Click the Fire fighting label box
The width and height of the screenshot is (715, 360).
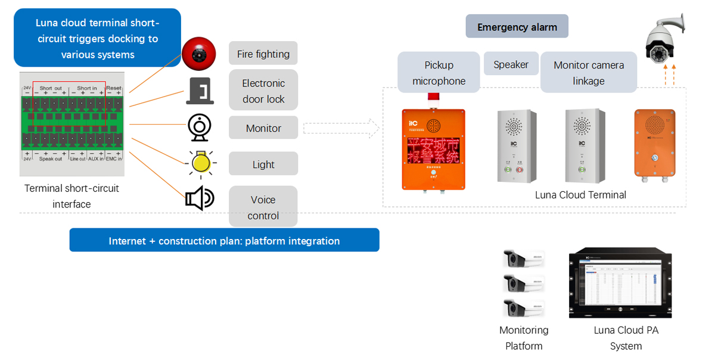coord(263,54)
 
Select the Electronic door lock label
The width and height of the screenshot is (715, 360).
coord(263,91)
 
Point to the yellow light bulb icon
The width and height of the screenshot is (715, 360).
coord(202,163)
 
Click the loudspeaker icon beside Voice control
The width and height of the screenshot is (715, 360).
coord(199,198)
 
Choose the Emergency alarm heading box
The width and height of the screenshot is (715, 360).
coord(517,27)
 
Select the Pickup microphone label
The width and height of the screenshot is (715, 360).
coord(439,73)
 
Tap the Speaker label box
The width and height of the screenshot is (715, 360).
coord(511,64)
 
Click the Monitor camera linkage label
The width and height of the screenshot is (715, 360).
coord(588,73)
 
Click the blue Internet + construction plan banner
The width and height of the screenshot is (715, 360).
coord(224,241)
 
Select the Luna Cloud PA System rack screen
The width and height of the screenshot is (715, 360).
coord(620,281)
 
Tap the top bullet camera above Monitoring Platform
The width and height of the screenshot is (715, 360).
coord(524,259)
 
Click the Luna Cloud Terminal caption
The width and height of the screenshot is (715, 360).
coord(580,195)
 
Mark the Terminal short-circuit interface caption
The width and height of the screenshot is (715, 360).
coord(71,196)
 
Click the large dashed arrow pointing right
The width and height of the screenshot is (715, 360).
coord(341,128)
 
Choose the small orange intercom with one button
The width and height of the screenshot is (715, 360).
coord(654,143)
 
